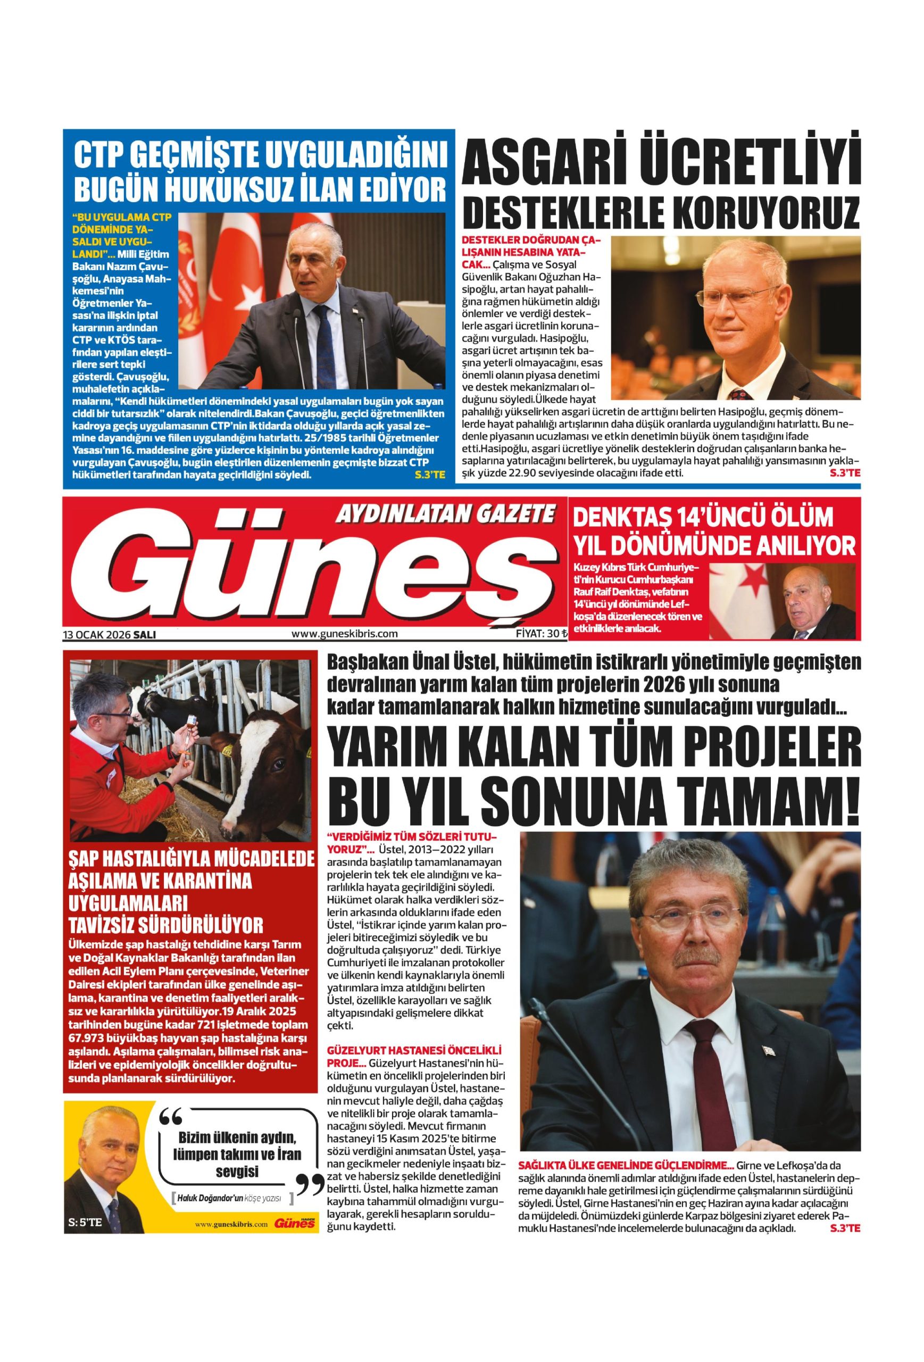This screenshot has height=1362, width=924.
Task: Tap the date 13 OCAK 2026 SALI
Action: click(110, 634)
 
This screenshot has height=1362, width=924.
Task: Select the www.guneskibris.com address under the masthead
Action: click(344, 634)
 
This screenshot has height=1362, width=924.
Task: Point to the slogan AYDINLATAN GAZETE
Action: click(444, 514)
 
